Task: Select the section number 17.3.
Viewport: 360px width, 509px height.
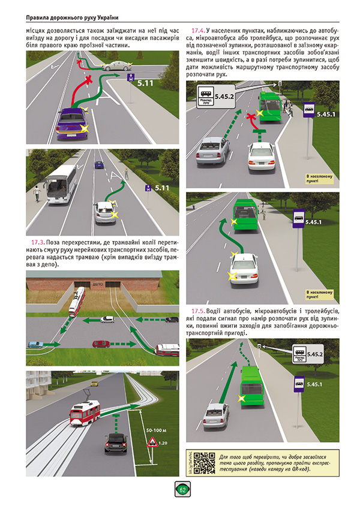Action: pyautogui.click(x=37, y=242)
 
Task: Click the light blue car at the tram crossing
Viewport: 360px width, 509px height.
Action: pyautogui.click(x=35, y=344)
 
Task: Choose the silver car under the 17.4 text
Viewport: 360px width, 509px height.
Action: pyautogui.click(x=207, y=151)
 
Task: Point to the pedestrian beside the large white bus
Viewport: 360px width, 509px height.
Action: pyautogui.click(x=37, y=193)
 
